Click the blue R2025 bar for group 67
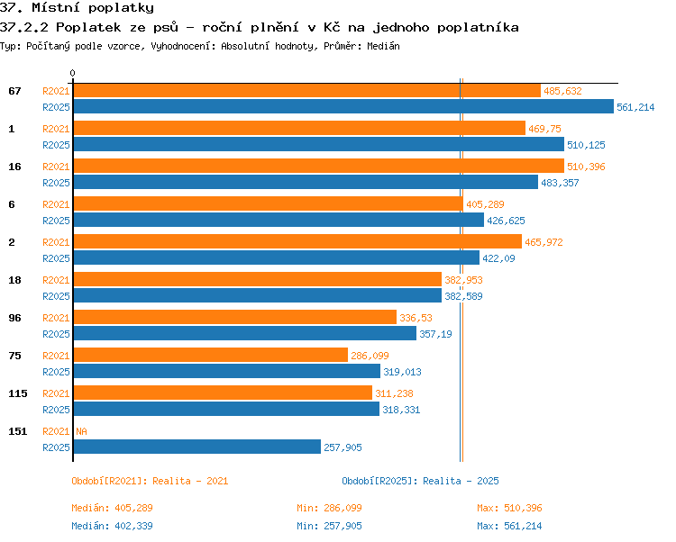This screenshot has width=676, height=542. tap(343, 106)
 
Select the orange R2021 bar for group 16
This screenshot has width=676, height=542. tap(318, 166)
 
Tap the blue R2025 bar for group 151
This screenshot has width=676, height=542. tap(197, 447)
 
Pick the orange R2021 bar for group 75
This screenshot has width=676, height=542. tap(210, 355)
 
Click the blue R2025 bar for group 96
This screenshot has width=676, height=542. tap(245, 333)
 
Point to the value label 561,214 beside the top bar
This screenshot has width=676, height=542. tap(635, 107)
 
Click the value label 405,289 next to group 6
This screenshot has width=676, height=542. tap(485, 204)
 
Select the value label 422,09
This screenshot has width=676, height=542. tap(498, 258)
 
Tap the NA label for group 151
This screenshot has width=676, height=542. tap(81, 431)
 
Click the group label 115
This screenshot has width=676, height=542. tap(18, 393)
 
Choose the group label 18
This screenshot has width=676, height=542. tap(14, 280)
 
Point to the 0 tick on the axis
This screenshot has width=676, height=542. tap(72, 73)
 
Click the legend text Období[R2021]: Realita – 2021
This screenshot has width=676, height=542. tap(150, 481)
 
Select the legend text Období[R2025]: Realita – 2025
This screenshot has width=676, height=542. tap(420, 481)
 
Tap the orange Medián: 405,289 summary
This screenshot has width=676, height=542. tap(112, 508)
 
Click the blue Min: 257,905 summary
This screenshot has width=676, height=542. tap(329, 526)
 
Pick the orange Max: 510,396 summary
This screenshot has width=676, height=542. tap(509, 508)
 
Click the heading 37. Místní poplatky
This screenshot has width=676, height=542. tap(77, 8)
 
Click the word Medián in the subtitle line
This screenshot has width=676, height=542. tap(383, 46)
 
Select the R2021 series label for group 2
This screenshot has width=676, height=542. tap(56, 242)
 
